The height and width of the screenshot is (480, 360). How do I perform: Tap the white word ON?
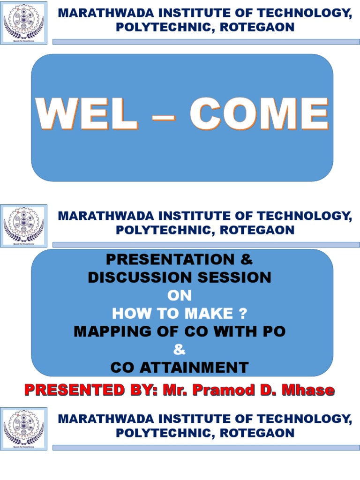(180, 296)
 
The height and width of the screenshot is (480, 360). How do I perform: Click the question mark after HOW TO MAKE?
(242, 314)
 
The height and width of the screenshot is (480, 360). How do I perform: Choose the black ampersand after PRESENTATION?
(248, 259)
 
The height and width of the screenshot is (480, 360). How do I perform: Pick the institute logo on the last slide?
(24, 428)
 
